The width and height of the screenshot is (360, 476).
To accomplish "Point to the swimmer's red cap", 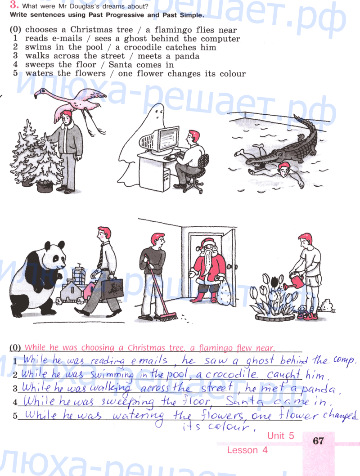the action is (284, 166).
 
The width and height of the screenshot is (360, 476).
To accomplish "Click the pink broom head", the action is (169, 317).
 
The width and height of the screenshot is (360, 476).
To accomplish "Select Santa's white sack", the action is (224, 292).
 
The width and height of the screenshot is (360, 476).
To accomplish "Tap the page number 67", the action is (318, 440).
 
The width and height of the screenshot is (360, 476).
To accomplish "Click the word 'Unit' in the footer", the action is (275, 436).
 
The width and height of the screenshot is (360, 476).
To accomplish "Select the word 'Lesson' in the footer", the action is (243, 450).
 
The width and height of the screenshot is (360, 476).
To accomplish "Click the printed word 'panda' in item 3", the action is (187, 56).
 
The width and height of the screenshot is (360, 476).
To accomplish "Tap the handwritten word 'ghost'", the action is (260, 360).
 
